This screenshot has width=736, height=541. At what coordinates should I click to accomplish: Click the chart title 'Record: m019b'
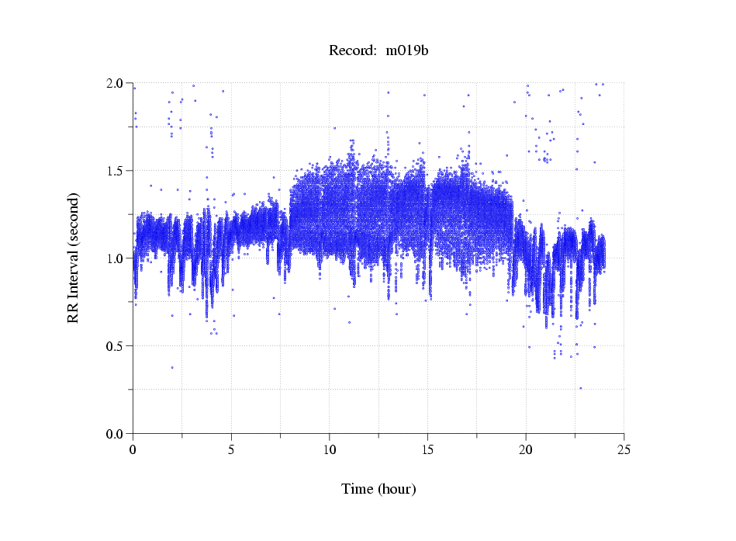379,50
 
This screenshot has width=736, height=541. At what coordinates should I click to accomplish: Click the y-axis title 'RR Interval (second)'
73,257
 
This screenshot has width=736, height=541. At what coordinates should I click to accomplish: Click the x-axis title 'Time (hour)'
379,489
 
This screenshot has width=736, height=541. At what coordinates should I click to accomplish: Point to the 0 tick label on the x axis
133,450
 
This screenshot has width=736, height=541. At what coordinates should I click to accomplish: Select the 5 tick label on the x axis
231,450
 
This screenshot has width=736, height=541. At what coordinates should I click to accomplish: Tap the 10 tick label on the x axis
329,450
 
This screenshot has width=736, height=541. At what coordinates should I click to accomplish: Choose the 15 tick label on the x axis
427,450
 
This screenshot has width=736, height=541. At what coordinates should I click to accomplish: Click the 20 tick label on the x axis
526,450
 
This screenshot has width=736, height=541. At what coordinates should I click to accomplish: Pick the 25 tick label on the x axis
624,450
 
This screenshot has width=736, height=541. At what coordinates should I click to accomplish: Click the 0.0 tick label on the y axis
116,433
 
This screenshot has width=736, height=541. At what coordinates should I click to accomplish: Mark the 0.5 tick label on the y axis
116,345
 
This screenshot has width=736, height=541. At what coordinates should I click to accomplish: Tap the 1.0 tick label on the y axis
116,258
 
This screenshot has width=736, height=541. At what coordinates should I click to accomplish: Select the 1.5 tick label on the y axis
116,170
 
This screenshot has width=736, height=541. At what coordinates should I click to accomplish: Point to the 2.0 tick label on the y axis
116,83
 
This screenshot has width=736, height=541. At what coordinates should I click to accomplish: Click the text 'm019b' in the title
407,50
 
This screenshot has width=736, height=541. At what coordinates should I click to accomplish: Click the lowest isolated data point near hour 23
580,388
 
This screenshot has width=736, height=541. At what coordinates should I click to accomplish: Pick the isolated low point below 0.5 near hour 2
172,367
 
